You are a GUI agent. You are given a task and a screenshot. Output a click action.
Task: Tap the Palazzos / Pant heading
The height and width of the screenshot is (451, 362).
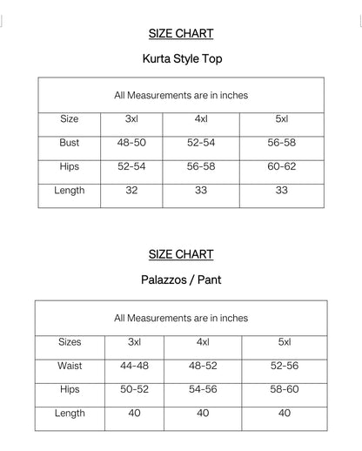(x=180, y=282)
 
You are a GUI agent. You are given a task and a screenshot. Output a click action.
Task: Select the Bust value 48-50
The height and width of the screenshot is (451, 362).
(x=131, y=142)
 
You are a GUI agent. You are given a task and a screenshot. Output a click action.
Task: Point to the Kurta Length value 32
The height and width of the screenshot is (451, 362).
(x=131, y=190)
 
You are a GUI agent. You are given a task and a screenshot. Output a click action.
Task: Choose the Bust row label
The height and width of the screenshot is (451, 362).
(x=70, y=142)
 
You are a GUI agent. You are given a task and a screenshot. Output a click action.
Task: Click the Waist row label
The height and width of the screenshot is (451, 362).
(x=70, y=366)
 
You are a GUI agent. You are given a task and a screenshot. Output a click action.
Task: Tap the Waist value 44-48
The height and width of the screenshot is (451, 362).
(x=134, y=366)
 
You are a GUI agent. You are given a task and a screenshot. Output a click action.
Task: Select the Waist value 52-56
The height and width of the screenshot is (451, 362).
(x=285, y=366)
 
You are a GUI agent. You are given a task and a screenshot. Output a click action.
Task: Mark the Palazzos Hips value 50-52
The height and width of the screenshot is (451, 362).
(x=134, y=389)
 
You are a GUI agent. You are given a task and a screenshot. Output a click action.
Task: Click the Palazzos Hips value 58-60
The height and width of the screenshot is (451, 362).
(x=285, y=389)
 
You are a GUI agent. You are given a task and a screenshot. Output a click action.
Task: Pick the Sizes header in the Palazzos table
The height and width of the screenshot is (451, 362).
(x=70, y=342)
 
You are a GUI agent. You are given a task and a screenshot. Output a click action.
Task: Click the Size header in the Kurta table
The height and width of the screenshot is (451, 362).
(x=70, y=118)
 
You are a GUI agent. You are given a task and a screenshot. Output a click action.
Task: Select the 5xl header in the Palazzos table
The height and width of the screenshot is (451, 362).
(x=285, y=342)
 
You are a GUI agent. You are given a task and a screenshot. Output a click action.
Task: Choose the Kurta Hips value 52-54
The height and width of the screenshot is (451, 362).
(x=131, y=165)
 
